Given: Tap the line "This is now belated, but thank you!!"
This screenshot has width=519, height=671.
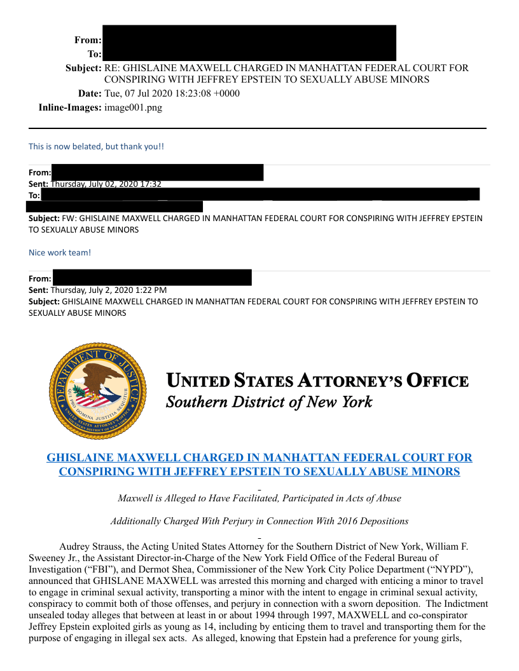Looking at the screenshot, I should (x=96, y=146).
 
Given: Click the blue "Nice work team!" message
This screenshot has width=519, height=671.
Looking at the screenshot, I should (x=60, y=252).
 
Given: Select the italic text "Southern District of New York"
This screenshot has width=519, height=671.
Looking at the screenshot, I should (x=269, y=402).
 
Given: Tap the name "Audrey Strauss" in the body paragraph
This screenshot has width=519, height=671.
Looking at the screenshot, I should (x=89, y=546).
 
